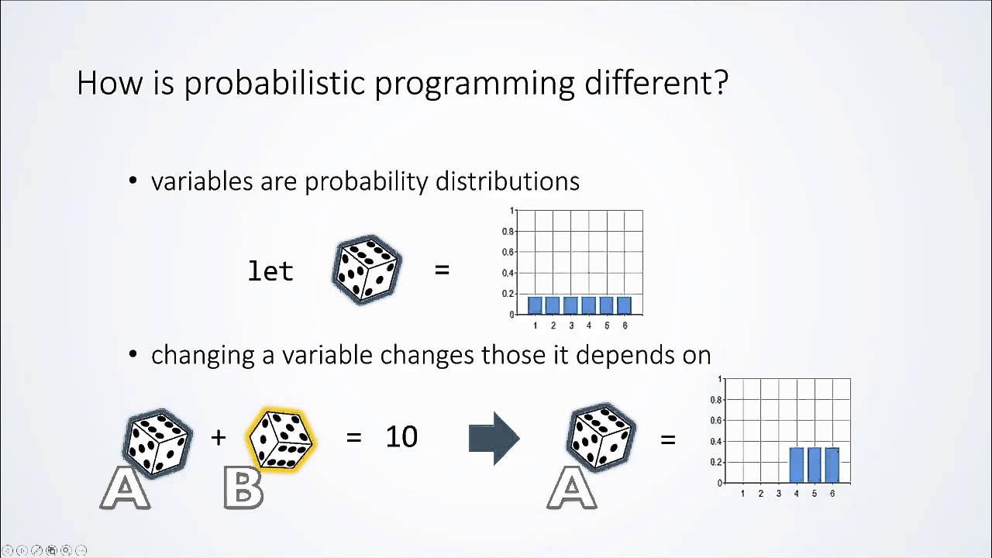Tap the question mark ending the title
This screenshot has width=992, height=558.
[x=720, y=82]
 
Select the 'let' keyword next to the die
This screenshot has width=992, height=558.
[x=270, y=271]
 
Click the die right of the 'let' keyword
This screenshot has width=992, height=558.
[x=367, y=270]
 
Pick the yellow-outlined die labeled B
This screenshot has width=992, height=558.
[x=281, y=439]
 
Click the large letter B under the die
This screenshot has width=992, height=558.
[x=243, y=487]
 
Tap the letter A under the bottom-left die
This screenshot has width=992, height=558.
[x=126, y=487]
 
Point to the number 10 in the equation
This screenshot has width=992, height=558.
[x=401, y=437]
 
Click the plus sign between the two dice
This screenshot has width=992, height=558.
[x=219, y=437]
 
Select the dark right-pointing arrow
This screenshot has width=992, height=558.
[x=494, y=439]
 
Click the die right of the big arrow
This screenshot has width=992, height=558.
[x=602, y=437]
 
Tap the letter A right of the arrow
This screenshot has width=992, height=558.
[x=572, y=487]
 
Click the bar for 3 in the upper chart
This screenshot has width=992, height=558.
[x=571, y=305]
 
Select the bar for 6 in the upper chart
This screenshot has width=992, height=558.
[x=625, y=305]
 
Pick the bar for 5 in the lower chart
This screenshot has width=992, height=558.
[x=815, y=464]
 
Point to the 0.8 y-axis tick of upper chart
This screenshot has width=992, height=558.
[x=508, y=232]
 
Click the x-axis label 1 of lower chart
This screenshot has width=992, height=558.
[x=743, y=493]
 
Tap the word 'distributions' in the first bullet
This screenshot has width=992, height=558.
[x=507, y=181]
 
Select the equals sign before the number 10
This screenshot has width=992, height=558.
[x=354, y=437]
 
